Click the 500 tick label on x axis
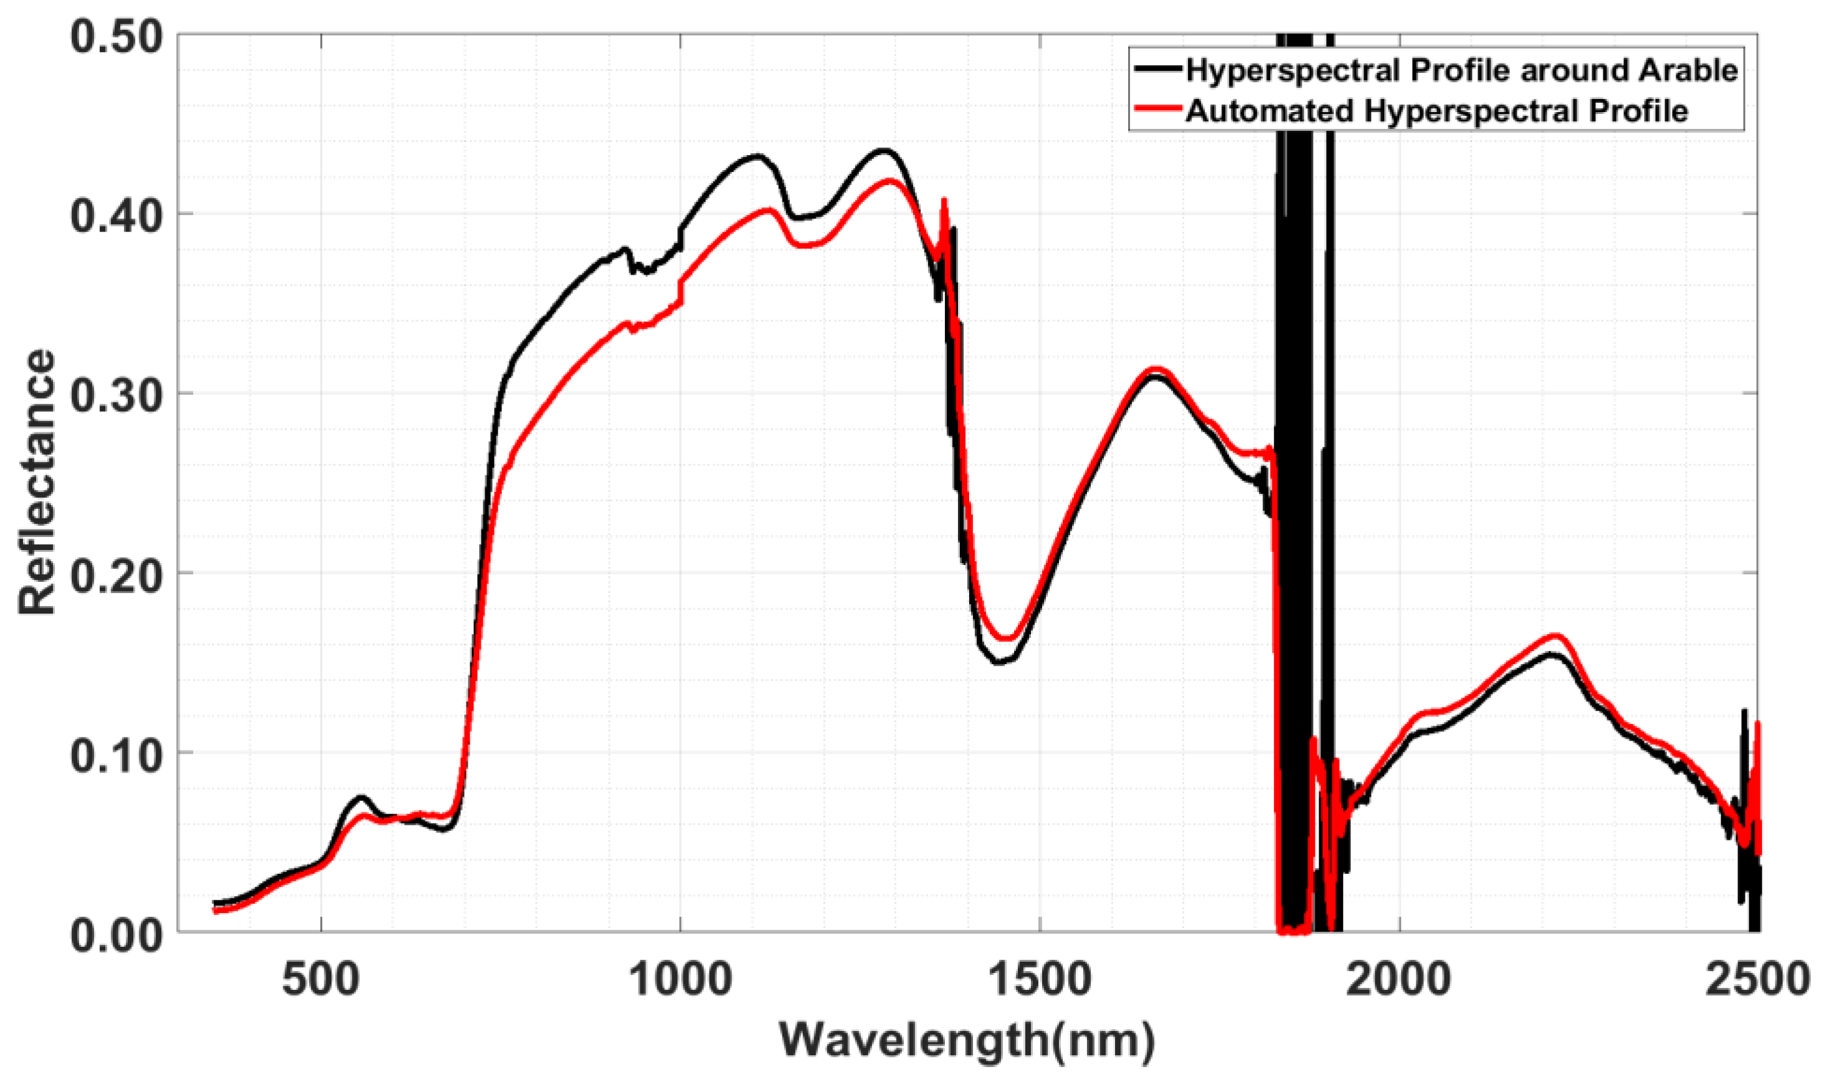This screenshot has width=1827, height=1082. coord(321,979)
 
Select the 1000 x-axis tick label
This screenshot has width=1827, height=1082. coord(680,979)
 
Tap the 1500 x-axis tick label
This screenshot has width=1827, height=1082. coord(1039,979)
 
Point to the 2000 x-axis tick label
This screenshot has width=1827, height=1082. coord(1398,979)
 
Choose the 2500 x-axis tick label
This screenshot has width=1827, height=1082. coord(1757,979)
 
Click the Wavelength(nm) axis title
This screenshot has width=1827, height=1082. coord(967,1040)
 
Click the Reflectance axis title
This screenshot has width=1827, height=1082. coord(37,483)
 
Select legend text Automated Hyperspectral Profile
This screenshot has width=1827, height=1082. coord(1436,111)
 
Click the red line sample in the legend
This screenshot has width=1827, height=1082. coord(1157,108)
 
